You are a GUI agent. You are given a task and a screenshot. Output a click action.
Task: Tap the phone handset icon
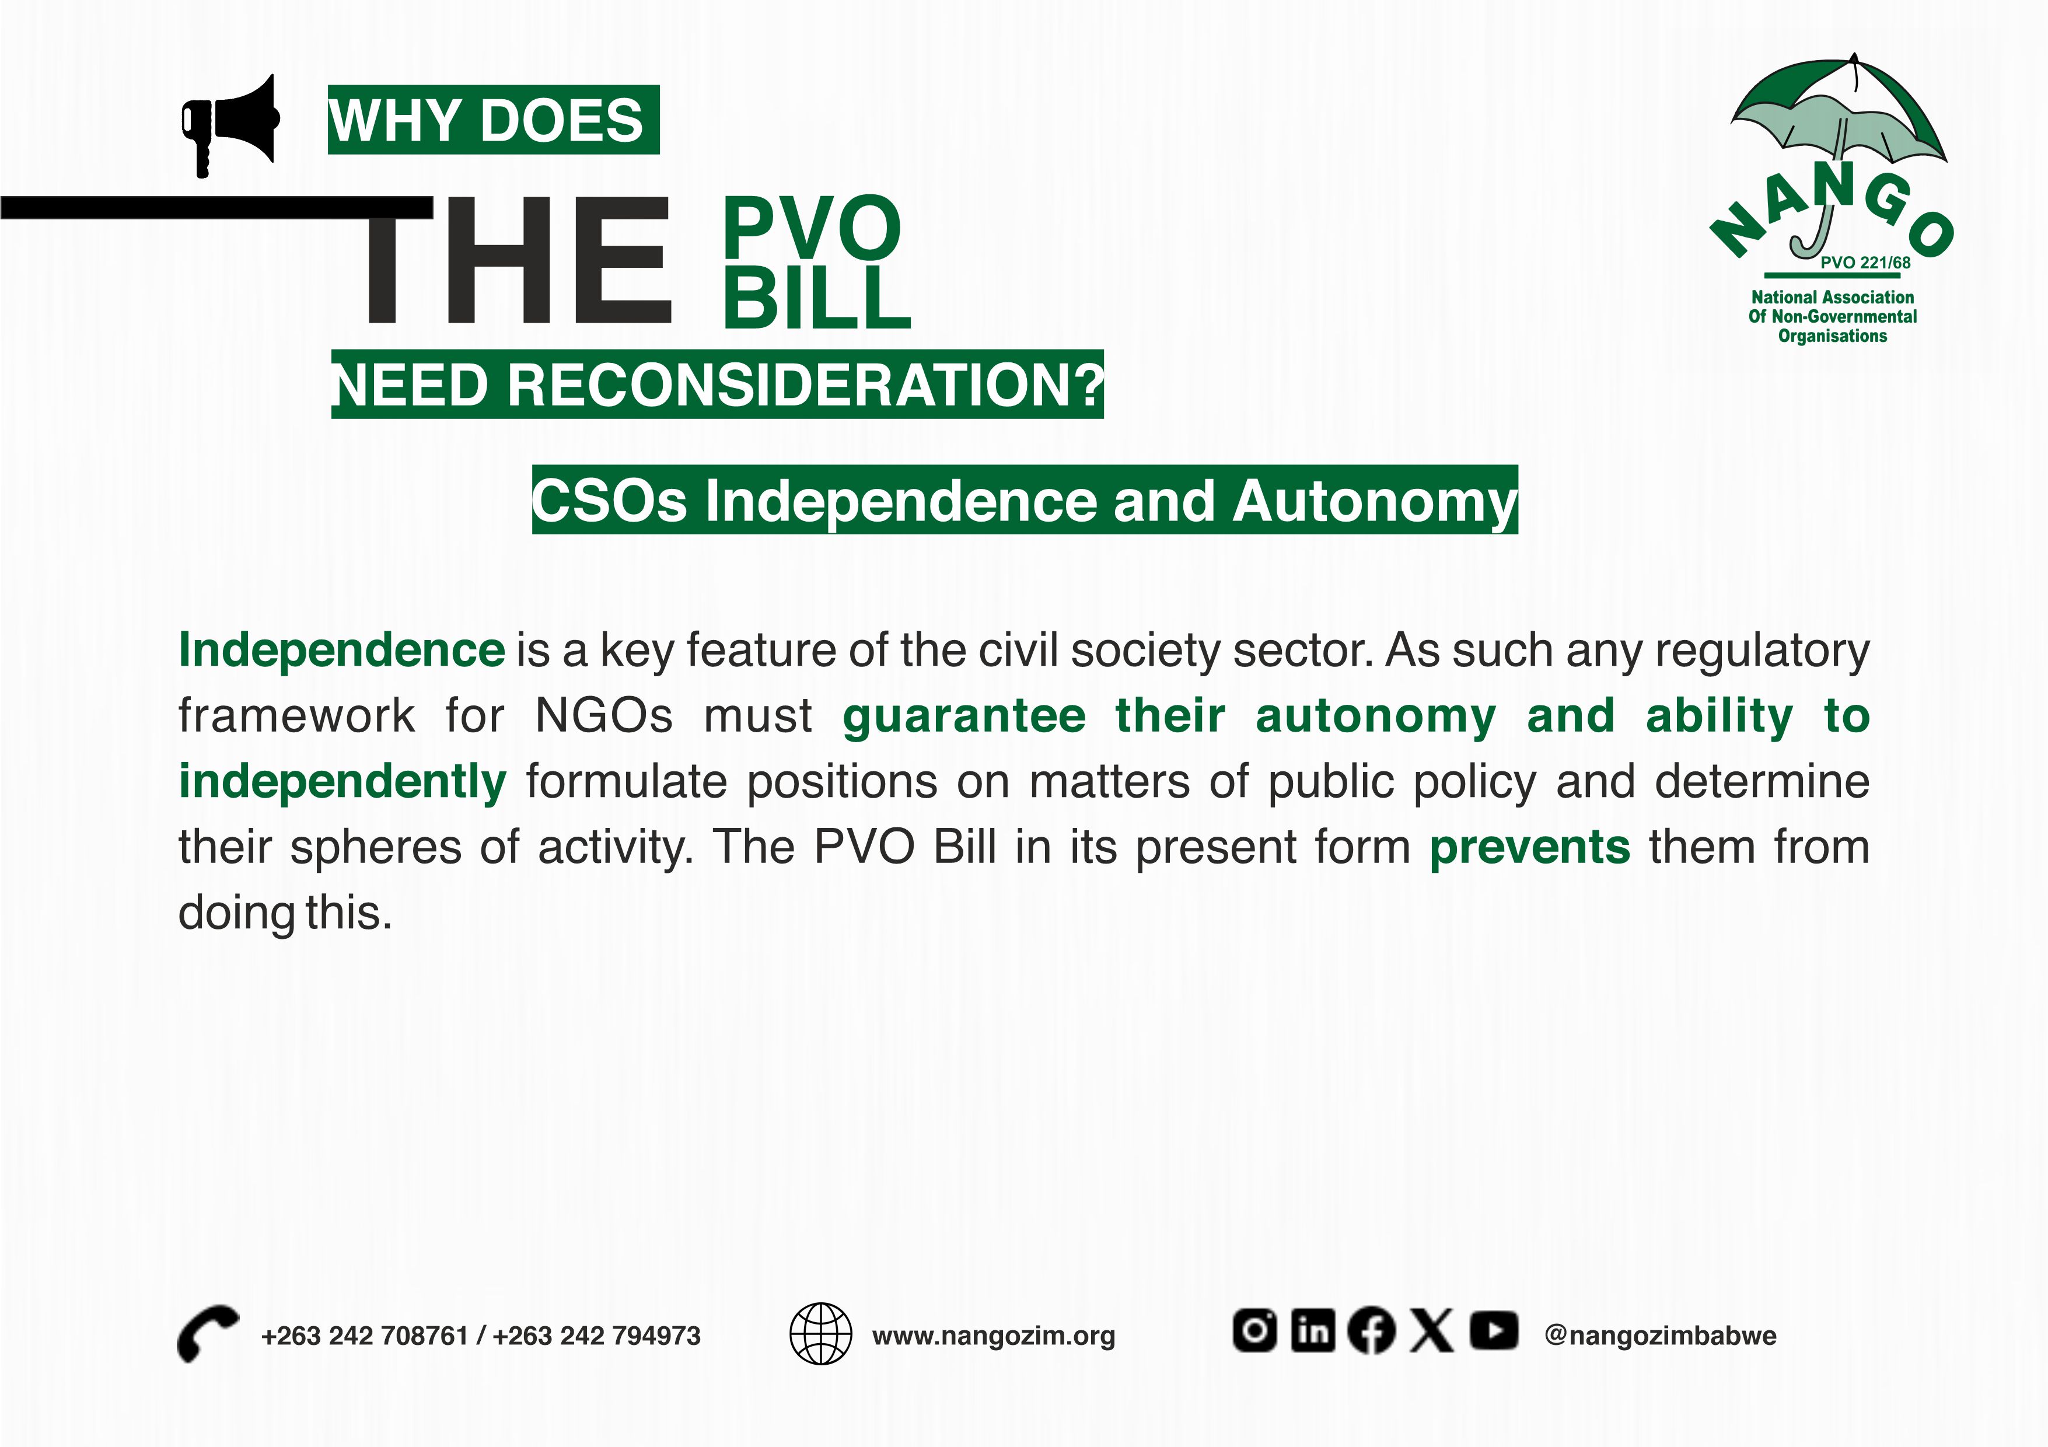tap(208, 1334)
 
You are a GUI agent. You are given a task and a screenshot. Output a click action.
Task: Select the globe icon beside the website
tap(820, 1334)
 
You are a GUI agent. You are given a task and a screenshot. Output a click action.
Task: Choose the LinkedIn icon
tap(1313, 1331)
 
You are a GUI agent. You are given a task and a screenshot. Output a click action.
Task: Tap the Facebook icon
tap(1371, 1331)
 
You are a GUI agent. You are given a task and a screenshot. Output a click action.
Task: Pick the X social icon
tap(1432, 1331)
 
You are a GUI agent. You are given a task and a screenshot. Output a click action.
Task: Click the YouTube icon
tap(1494, 1331)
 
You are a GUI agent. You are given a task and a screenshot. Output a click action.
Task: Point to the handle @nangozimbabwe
tap(1660, 1336)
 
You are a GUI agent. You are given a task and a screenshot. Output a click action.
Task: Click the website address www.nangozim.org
tap(994, 1336)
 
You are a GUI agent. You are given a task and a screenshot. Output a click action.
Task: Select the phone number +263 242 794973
tap(597, 1336)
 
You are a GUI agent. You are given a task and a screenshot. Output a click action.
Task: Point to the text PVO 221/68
tap(1865, 263)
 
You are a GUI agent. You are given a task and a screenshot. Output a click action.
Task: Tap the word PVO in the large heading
tap(812, 228)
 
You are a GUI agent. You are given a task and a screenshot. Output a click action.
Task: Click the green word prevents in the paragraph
tap(1530, 847)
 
